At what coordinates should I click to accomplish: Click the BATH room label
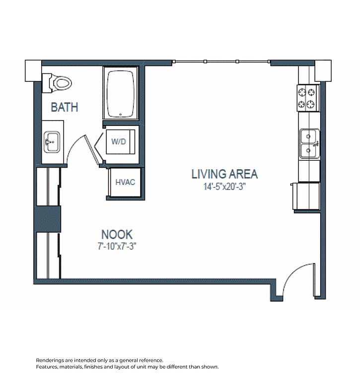coord(65,107)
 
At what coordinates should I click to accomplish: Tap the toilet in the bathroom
coord(57,83)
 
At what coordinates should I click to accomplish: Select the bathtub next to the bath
coord(121,94)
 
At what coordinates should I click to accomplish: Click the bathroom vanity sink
coord(52,142)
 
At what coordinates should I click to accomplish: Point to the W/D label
coord(119,141)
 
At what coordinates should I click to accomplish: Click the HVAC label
coord(125,182)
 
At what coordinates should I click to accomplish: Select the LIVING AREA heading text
coord(224,174)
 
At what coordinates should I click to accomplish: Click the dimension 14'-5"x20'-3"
coord(224,187)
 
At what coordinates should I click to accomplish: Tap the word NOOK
coord(117,235)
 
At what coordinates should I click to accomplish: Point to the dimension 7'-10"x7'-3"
coord(117,247)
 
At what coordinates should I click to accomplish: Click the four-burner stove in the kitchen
coord(308,98)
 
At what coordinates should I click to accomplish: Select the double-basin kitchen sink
coord(309,143)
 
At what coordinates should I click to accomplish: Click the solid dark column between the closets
coord(48,219)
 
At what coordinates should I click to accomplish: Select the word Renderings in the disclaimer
coord(47,360)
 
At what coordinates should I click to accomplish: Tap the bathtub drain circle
coord(120,114)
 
